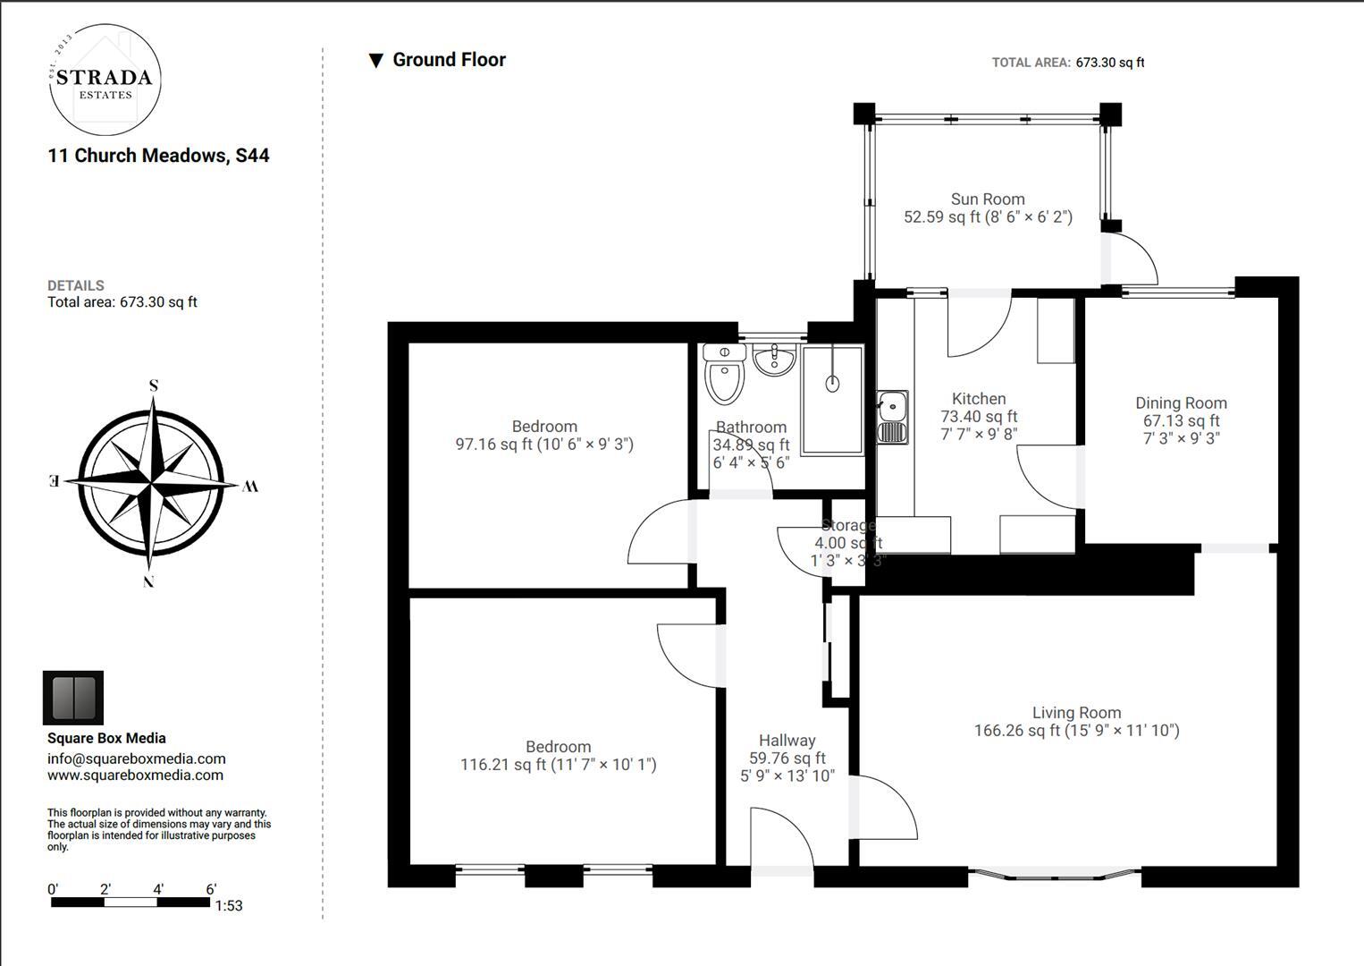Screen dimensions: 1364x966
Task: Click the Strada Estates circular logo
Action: (105, 80)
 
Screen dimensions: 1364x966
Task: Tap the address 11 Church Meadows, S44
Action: (158, 156)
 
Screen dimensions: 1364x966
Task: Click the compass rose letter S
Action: (154, 386)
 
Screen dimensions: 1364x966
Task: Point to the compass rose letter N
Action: (148, 581)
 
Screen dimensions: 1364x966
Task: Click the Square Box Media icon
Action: (73, 698)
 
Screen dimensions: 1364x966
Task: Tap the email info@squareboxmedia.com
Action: (137, 758)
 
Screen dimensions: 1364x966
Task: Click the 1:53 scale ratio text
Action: (228, 906)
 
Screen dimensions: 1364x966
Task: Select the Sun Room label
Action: (988, 199)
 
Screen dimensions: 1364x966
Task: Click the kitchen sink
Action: (893, 418)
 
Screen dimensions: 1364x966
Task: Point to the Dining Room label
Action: (1182, 402)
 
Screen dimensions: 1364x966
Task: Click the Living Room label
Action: (1076, 713)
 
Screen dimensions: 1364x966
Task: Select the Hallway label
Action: (787, 741)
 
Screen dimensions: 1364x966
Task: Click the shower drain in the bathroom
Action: (832, 384)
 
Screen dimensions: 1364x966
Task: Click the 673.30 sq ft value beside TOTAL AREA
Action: (1110, 63)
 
